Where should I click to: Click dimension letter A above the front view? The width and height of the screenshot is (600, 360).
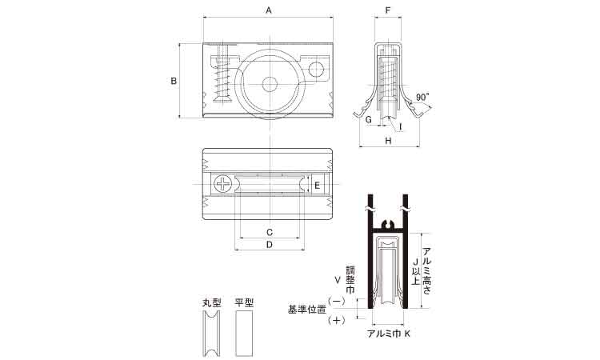pyautogui.click(x=269, y=10)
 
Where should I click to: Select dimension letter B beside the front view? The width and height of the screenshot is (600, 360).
pyautogui.click(x=173, y=80)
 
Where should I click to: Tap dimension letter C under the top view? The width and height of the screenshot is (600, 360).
pyautogui.click(x=270, y=231)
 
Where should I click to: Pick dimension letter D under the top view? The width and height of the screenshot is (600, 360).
pyautogui.click(x=270, y=246)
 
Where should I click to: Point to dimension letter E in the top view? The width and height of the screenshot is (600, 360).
pyautogui.click(x=317, y=186)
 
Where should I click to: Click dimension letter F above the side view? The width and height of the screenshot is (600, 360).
pyautogui.click(x=388, y=10)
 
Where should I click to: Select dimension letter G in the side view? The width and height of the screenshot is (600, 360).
pyautogui.click(x=368, y=119)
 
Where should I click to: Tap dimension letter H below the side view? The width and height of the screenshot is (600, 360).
pyautogui.click(x=388, y=141)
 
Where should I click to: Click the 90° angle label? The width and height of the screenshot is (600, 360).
pyautogui.click(x=422, y=95)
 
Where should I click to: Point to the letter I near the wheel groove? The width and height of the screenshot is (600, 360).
pyautogui.click(x=401, y=126)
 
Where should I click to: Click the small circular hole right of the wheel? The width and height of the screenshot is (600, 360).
pyautogui.click(x=316, y=70)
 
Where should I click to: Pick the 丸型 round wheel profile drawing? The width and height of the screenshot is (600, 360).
pyautogui.click(x=212, y=334)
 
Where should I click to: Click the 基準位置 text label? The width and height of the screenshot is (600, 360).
pyautogui.click(x=306, y=309)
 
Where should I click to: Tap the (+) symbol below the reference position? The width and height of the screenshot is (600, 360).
pyautogui.click(x=337, y=321)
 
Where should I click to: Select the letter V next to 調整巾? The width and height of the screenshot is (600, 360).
pyautogui.click(x=338, y=280)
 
